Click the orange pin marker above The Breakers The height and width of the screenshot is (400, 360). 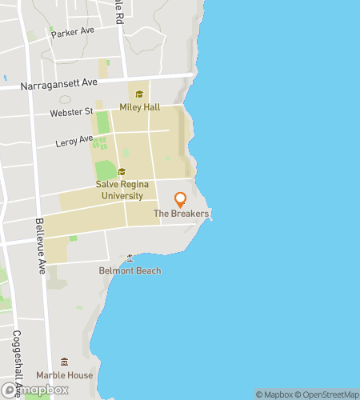(x=181, y=199)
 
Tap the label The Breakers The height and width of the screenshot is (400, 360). (x=181, y=214)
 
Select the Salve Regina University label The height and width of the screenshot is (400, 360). (x=120, y=190)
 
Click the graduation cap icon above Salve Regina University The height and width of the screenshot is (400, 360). (x=122, y=171)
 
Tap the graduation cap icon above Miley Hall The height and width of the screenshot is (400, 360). (x=139, y=94)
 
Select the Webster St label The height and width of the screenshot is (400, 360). (x=71, y=112)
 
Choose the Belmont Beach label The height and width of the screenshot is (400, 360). (x=130, y=270)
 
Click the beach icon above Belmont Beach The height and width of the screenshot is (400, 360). (x=130, y=258)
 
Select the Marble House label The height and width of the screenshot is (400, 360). (x=64, y=374)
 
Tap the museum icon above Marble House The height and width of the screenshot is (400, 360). (x=64, y=362)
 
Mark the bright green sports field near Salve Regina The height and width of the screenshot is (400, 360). (x=106, y=170)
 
